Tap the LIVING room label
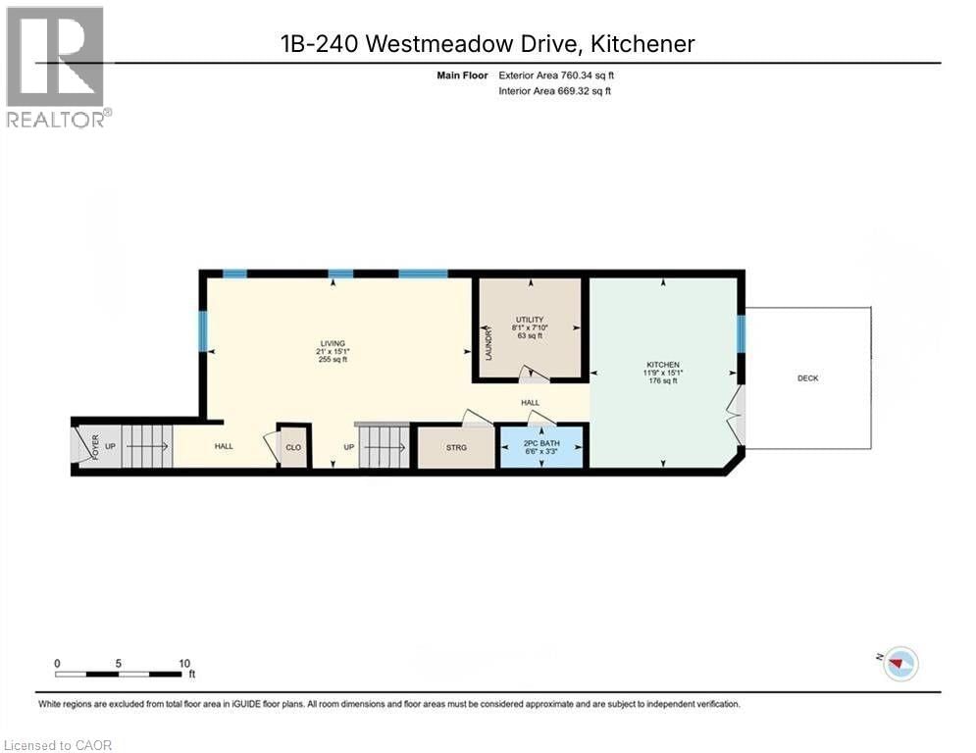[x=332, y=343]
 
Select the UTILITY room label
[x=530, y=320]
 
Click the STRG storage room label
[x=456, y=448]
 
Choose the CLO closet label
[x=293, y=448]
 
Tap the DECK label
[x=807, y=378]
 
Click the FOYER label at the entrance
[x=96, y=447]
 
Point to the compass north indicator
[x=899, y=664]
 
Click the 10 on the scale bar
[x=184, y=663]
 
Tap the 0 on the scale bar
[x=57, y=663]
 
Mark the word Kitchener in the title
[x=648, y=43]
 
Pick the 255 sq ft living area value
[x=332, y=360]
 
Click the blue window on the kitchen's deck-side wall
[x=742, y=333]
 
